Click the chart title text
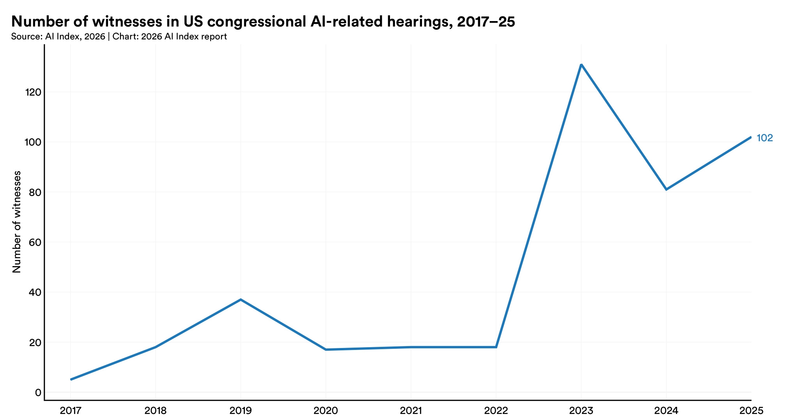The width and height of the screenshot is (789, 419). [263, 22]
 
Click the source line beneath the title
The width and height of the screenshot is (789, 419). [119, 37]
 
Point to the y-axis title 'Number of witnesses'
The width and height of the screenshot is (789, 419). [17, 222]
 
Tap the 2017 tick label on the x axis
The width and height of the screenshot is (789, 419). [71, 410]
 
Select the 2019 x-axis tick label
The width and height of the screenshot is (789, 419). [241, 410]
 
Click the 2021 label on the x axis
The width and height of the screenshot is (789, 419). [411, 410]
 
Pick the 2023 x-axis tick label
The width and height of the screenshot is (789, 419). [581, 410]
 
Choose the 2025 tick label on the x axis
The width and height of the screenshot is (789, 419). [751, 410]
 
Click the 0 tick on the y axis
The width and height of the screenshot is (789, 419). [38, 392]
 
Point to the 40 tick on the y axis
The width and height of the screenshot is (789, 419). [35, 292]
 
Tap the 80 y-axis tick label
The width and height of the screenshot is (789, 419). [35, 192]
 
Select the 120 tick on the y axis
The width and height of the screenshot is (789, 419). [33, 92]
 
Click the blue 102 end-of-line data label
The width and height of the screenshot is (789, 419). [764, 138]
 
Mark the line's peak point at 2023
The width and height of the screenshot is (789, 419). [581, 64]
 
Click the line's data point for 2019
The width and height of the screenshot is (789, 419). [241, 300]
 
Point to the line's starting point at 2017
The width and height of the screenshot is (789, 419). [71, 380]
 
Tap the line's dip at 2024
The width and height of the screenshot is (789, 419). [666, 190]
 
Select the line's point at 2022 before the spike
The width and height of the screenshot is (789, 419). [496, 347]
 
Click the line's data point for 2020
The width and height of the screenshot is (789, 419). [326, 350]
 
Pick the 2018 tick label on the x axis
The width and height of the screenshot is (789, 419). [156, 410]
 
